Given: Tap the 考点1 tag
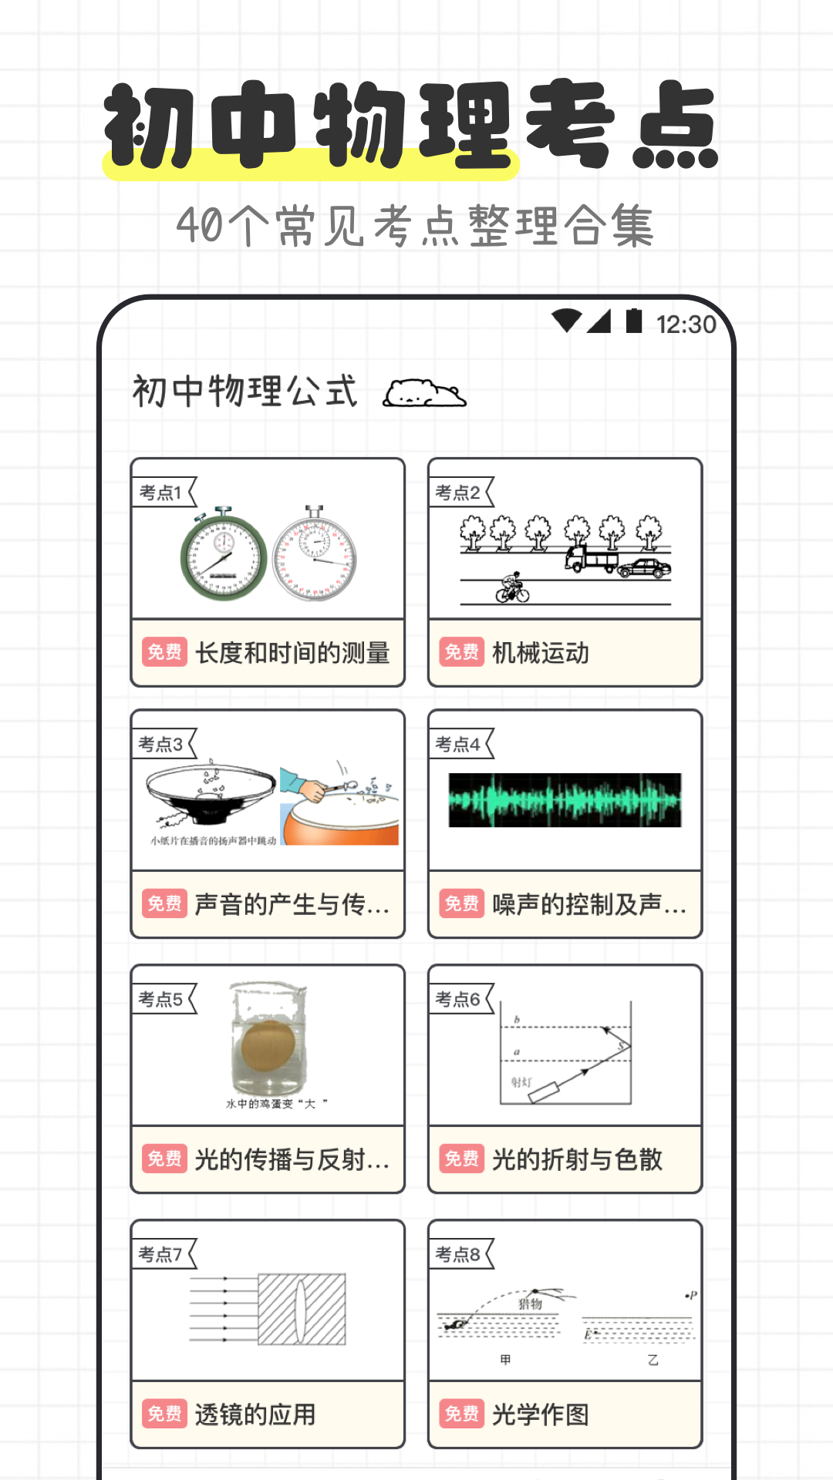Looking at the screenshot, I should [161, 493].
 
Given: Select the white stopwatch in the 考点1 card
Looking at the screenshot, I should [315, 555].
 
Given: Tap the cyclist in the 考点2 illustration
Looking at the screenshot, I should [512, 589].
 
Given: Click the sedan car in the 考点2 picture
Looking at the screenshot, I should [644, 569].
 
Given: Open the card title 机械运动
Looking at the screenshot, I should [541, 653].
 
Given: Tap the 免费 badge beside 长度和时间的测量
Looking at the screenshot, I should [164, 653].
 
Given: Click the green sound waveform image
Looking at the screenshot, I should [565, 800].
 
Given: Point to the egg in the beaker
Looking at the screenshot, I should [268, 1046].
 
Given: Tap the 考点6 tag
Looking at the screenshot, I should [459, 1000].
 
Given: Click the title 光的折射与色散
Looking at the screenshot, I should [577, 1159].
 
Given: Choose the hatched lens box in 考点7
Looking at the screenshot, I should [302, 1309].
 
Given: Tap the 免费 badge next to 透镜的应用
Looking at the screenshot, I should [164, 1414].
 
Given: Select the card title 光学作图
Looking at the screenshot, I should [541, 1414].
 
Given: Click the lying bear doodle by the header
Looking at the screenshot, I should [424, 393].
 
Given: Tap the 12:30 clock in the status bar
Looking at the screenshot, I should [686, 325].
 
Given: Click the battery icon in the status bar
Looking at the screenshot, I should [634, 321].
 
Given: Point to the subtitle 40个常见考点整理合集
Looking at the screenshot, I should [416, 226].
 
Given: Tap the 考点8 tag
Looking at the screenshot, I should [459, 1255].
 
